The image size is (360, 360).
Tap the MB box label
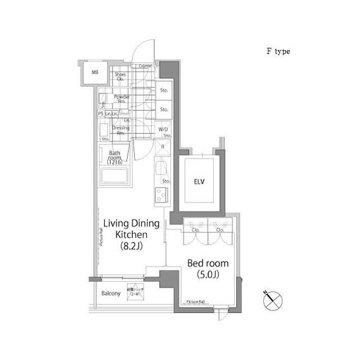[x=95, y=71]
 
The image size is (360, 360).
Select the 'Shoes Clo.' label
[x=120, y=76]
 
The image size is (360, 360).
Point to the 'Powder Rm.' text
[x=121, y=99]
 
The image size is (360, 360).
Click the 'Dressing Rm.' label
[x=121, y=130]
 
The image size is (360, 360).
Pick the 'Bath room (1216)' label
[x=115, y=156]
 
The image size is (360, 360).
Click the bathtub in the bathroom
[x=116, y=177]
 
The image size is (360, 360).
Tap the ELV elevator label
[x=200, y=182]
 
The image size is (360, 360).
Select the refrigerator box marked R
[x=163, y=147]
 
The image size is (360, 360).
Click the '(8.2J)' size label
[x=130, y=245]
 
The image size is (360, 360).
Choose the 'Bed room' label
[x=208, y=263]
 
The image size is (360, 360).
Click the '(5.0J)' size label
[x=208, y=275]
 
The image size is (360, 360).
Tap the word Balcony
[x=111, y=294]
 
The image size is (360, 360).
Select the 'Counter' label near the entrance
[x=145, y=66]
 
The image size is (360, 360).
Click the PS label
[x=101, y=114]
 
